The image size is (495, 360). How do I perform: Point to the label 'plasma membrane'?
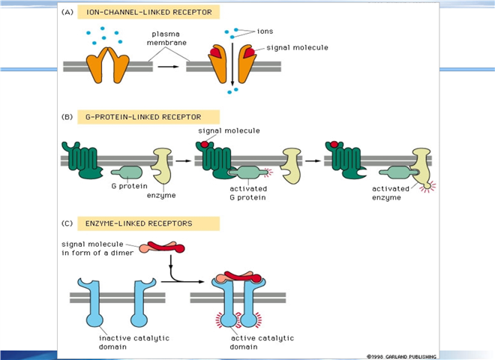tap(165, 40)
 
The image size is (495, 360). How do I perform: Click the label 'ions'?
tap(265, 31)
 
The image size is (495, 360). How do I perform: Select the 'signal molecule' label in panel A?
tap(297, 47)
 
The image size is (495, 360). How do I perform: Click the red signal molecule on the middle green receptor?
tap(204, 142)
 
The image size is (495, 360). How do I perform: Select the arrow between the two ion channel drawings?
tap(169, 66)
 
